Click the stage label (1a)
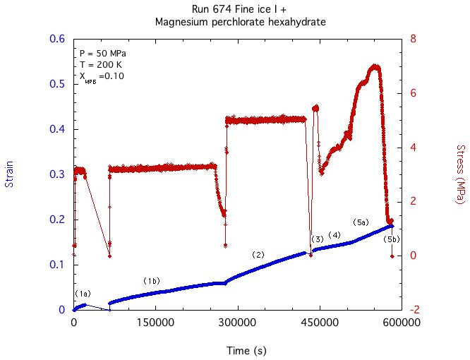click(83, 293)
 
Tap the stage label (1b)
click(152, 280)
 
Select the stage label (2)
click(258, 254)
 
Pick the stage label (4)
click(335, 234)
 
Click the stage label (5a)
click(361, 222)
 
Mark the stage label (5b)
click(392, 239)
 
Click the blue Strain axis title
click(10, 174)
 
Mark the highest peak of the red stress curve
click(375, 66)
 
